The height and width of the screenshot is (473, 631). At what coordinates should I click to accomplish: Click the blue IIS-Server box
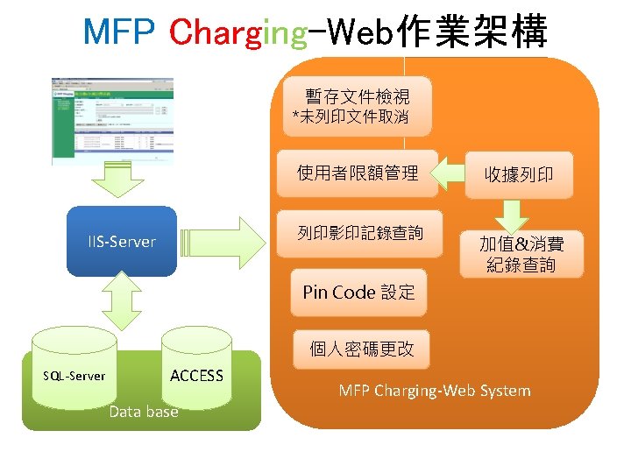pos(122,241)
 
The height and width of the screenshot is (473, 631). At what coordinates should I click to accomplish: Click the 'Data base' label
pos(143,412)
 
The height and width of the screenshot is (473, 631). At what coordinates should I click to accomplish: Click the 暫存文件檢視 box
pos(356,105)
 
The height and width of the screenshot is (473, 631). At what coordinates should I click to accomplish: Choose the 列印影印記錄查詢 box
pos(359,233)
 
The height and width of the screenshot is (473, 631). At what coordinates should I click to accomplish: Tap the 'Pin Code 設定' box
pos(358,293)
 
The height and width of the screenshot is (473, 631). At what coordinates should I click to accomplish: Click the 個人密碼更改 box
pos(361,349)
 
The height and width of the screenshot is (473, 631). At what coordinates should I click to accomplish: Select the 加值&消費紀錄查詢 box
pos(521,254)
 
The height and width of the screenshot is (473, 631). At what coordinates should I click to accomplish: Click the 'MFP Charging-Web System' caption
pos(434,391)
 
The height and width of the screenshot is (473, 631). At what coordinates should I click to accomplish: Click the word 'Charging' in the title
pos(238,32)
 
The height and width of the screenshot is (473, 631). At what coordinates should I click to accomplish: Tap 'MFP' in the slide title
pos(119,32)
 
